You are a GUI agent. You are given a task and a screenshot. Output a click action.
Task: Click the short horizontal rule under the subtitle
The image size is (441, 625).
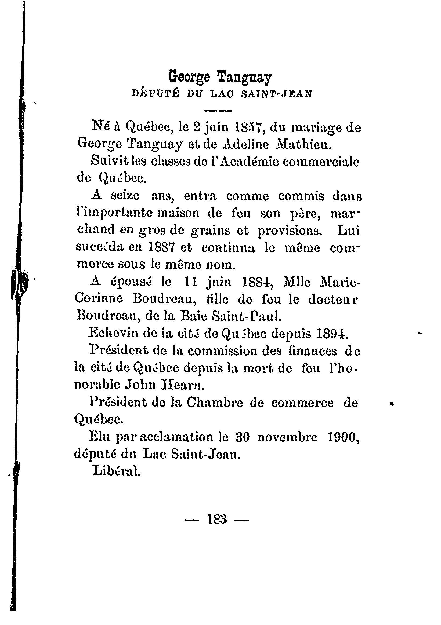click(x=218, y=111)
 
